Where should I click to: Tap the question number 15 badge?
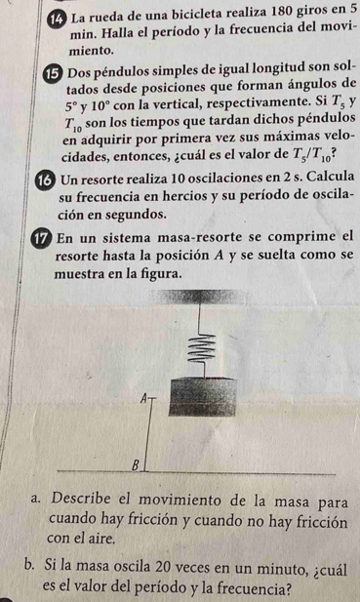point(54,72)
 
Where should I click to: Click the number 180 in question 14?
point(284,12)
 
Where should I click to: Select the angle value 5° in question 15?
point(70,104)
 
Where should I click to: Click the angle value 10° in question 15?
point(100,104)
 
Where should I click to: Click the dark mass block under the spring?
point(202,397)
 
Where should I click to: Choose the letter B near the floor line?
point(135,465)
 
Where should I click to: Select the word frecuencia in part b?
point(251,587)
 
